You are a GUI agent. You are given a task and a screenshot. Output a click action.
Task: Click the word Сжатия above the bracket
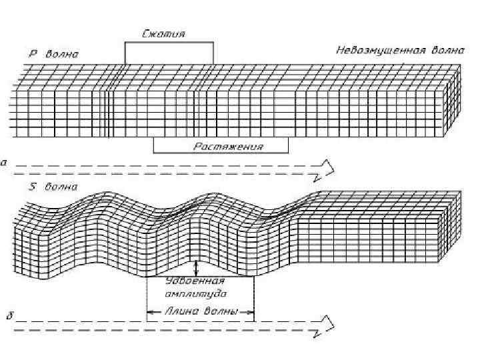164,33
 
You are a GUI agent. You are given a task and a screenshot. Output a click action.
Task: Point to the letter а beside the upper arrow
5,162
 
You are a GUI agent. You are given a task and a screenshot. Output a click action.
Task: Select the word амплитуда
195,293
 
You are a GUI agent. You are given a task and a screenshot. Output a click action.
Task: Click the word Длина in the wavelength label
175,310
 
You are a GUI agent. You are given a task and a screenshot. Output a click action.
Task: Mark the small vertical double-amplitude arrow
195,268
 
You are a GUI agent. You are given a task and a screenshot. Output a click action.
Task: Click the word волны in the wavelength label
222,310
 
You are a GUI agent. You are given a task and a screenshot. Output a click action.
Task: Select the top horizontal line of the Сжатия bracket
169,42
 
